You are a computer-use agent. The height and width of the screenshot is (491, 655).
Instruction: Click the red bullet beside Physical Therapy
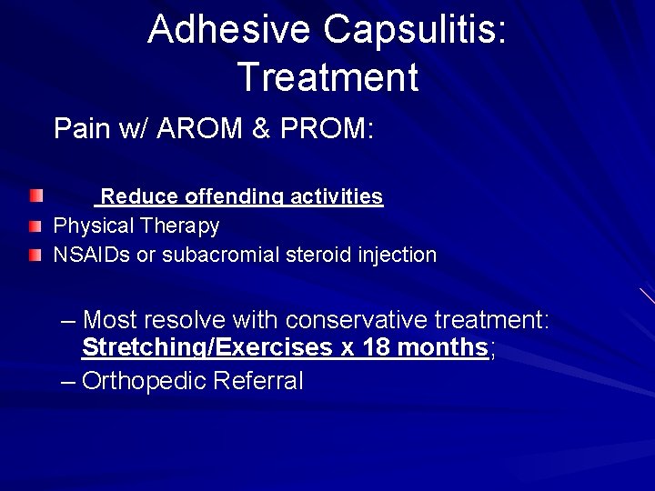(x=35, y=226)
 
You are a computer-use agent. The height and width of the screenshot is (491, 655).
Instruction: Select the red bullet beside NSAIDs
(x=35, y=256)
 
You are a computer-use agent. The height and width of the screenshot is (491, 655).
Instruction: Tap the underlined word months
(x=443, y=347)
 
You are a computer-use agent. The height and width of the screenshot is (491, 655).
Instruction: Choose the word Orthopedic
(x=143, y=380)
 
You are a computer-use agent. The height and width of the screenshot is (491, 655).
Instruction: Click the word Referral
(x=257, y=380)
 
